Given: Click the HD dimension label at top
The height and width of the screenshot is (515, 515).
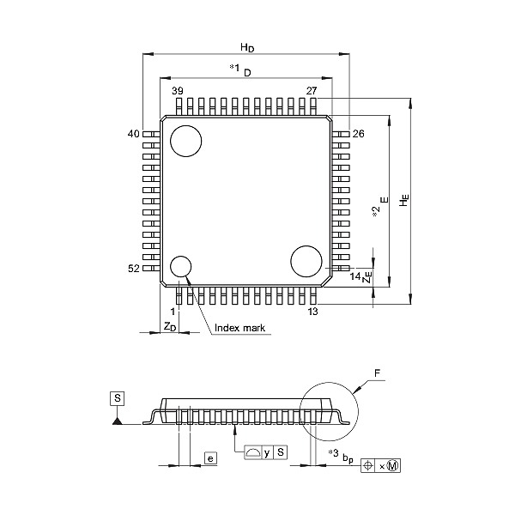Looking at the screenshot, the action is [247, 47].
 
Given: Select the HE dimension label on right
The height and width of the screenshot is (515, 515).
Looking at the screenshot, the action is [404, 200].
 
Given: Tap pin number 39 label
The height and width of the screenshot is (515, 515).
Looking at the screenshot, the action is [178, 91].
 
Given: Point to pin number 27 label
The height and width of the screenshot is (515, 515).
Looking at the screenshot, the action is [312, 91].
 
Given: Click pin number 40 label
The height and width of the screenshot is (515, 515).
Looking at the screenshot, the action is [133, 134].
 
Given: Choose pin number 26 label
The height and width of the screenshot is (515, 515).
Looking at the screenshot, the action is [358, 134].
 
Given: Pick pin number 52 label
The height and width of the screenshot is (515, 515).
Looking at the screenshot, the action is [133, 269].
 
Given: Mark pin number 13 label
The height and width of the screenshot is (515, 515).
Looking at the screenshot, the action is [312, 311].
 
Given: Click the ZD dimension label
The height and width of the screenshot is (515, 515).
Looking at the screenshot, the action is [170, 327].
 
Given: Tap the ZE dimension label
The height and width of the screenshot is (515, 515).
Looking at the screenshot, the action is [367, 277].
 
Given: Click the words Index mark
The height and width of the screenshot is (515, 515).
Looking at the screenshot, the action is [239, 328].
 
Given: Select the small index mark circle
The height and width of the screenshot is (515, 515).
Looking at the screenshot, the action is [180, 266].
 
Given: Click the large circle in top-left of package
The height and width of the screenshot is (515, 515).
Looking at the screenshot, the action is [186, 141].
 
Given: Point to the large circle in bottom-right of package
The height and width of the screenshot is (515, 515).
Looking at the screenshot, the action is [306, 261].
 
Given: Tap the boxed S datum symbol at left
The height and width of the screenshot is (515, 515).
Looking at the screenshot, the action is [118, 398].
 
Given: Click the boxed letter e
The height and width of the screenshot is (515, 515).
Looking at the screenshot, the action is [211, 457].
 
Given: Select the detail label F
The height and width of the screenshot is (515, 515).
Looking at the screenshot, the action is [377, 373].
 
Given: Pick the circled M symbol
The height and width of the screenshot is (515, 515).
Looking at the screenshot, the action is [393, 466].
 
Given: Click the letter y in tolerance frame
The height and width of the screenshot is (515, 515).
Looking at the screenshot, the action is [267, 453].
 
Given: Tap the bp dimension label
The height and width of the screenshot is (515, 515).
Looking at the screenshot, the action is [348, 458].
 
